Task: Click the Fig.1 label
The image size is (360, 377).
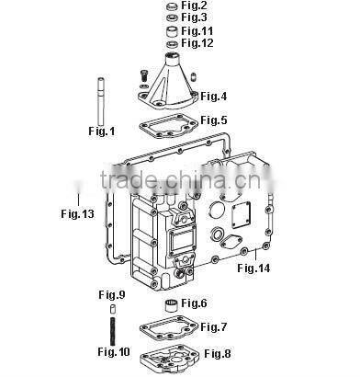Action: click(102, 131)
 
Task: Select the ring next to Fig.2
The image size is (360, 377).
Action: click(173, 6)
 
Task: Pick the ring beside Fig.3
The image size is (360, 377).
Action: click(173, 17)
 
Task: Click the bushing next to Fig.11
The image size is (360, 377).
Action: click(173, 31)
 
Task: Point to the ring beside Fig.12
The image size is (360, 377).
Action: click(173, 44)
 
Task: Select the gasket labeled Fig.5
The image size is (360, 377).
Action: click(168, 126)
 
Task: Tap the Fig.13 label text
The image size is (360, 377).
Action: click(77, 213)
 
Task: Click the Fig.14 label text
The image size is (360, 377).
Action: click(253, 268)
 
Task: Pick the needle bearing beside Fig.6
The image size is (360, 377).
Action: click(172, 305)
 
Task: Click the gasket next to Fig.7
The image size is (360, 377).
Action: click(169, 328)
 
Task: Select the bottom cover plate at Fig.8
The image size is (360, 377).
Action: click(169, 359)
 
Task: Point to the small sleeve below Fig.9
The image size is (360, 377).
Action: click(113, 309)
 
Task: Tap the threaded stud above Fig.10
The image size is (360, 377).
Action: click(113, 331)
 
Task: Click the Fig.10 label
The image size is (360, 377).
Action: click(114, 351)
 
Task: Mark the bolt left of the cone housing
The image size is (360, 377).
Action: click(143, 74)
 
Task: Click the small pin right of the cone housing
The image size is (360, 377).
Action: click(193, 76)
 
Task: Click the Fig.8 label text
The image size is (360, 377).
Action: click(218, 354)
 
